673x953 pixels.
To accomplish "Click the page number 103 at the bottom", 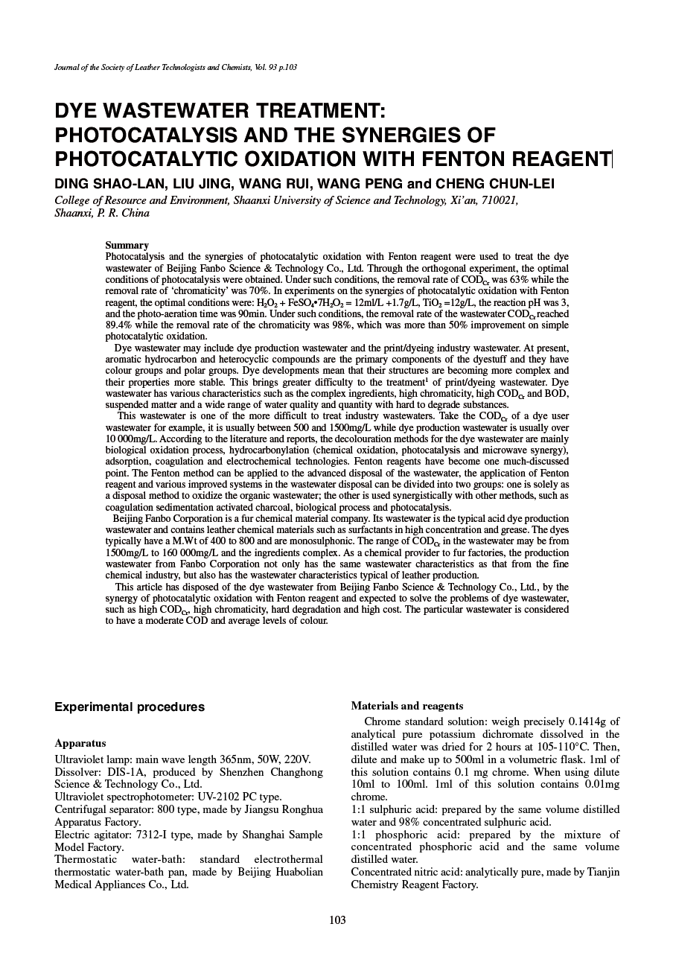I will pos(337,920).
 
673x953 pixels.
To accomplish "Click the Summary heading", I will pos(127,245).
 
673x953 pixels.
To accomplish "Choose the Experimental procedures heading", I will pos(129,707).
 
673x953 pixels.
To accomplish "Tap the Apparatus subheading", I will pos(80,743).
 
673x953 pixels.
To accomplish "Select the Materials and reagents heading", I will pos(406,706).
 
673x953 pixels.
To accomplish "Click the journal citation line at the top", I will pos(176,68).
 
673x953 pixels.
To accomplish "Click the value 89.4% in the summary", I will pos(120,325).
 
